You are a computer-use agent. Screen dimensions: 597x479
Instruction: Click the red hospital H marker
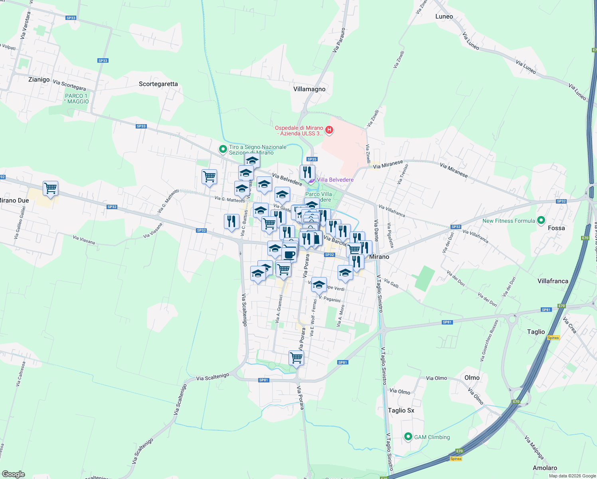click(x=329, y=130)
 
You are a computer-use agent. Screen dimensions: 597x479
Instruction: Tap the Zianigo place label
click(x=39, y=79)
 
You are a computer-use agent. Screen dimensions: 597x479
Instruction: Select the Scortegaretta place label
click(x=158, y=84)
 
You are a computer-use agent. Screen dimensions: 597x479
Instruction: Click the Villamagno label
click(x=309, y=89)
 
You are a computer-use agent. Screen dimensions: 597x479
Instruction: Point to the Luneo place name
click(x=444, y=16)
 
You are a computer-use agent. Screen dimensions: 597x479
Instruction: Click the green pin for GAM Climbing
click(x=408, y=437)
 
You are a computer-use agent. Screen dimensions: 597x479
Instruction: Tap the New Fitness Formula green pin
click(x=541, y=220)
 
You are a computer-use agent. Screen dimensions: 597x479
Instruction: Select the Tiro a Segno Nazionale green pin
click(x=223, y=149)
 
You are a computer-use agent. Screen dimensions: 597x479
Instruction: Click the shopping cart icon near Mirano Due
click(x=51, y=188)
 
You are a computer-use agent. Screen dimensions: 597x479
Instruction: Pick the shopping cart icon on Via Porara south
click(x=296, y=357)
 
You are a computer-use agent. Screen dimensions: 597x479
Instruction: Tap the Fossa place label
click(x=556, y=228)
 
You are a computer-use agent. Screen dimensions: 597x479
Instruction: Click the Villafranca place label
click(x=553, y=281)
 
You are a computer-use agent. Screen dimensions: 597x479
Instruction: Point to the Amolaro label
click(x=545, y=468)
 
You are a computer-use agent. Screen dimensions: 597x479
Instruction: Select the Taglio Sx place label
click(x=401, y=410)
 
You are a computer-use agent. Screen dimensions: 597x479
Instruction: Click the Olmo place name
click(x=472, y=378)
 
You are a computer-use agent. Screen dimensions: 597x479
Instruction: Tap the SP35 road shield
click(x=312, y=159)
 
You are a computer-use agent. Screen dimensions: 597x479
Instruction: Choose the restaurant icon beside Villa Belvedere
click(x=307, y=172)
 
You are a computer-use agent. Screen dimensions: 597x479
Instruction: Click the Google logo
click(x=14, y=474)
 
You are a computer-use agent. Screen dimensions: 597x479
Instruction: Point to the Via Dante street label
click(x=376, y=230)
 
